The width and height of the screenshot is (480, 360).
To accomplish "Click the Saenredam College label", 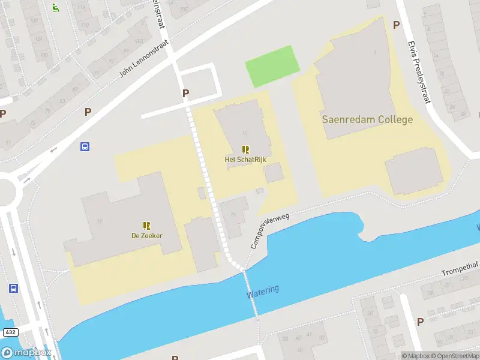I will point(367,119).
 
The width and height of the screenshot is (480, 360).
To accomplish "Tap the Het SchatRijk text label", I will point(245,160).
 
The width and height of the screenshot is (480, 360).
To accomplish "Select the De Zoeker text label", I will point(147,236).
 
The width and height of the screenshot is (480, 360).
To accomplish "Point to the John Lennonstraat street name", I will point(143,60).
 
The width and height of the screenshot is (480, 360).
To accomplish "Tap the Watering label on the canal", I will point(263,292).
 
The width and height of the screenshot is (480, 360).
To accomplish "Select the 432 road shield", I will point(10,332).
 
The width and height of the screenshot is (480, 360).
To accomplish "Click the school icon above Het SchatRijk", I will point(245,149).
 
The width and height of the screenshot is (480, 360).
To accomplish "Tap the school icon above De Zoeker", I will point(146,226).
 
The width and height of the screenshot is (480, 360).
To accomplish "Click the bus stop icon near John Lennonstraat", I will point(85,146).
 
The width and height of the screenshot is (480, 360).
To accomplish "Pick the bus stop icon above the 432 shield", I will point(13,289).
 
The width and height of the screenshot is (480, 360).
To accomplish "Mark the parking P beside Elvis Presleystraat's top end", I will point(396,25).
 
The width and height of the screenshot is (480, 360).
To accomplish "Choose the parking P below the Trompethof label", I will point(420,322).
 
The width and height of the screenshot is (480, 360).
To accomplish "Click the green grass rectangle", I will point(272,66).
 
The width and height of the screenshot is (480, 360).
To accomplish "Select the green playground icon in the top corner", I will point(55,8).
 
